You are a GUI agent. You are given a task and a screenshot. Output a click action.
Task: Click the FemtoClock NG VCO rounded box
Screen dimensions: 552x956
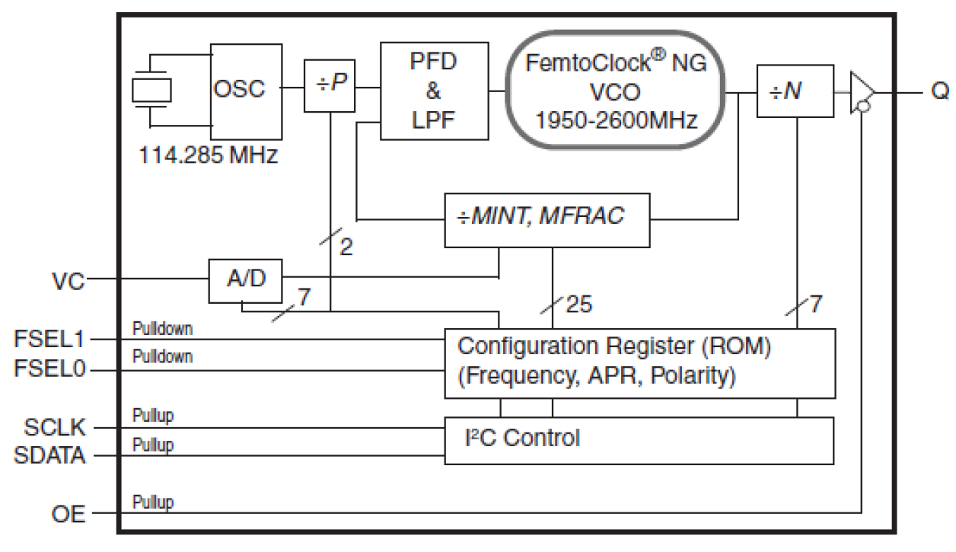(615, 91)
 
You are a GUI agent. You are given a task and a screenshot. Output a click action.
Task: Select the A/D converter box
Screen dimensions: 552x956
(245, 279)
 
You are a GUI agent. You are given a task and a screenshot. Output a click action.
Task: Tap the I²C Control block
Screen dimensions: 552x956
(639, 439)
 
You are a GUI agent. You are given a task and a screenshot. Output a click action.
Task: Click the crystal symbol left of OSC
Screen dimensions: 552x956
(152, 90)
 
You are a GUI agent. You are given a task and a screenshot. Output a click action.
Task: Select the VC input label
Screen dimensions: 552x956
(69, 280)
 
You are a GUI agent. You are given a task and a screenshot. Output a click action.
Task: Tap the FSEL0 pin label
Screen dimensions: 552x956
(50, 370)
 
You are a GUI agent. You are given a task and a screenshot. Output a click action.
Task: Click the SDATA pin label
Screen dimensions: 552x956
(49, 456)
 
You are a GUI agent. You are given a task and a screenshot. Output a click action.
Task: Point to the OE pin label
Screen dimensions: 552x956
(69, 515)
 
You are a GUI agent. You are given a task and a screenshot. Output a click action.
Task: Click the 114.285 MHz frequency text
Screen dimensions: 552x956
(207, 155)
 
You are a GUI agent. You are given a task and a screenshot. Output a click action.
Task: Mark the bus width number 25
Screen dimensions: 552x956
(578, 305)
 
